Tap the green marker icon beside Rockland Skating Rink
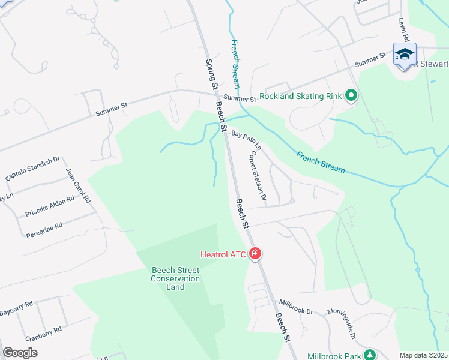pos(351,95)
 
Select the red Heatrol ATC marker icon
pos(255,254)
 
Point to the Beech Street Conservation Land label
pos(175,278)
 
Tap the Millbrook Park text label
pos(333,356)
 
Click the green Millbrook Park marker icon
pos(371,355)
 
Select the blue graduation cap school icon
pos(405,55)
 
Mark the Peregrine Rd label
pos(44,230)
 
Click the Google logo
pos(20,353)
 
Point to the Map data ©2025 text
pos(423,355)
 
